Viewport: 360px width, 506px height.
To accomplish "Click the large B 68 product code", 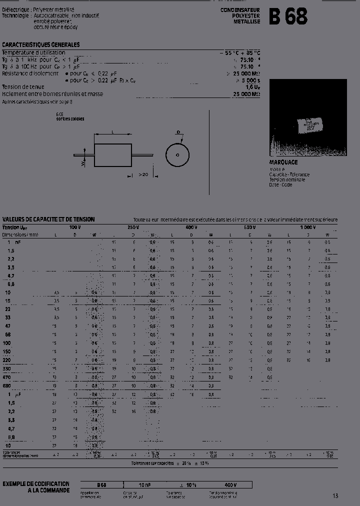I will [x=288, y=16].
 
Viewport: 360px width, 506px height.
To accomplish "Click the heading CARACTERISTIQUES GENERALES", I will [x=41, y=45].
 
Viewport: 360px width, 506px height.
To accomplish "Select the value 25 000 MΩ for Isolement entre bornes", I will [x=246, y=94].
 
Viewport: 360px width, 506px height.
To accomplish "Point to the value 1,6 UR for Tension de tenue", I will [x=252, y=87].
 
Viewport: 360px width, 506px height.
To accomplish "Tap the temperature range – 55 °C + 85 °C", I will [x=239, y=52].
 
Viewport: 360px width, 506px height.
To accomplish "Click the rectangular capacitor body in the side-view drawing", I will [x=112, y=155].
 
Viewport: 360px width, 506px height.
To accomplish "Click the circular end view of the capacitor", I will [x=177, y=155].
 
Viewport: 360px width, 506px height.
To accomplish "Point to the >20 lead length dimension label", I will [x=143, y=174].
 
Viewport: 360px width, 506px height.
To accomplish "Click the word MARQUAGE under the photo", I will [x=283, y=162].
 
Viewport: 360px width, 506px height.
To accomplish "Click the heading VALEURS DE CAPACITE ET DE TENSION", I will [x=48, y=219].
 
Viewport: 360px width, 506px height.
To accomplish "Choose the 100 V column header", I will [x=74, y=227].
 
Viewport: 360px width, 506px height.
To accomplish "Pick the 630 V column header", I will [x=249, y=227].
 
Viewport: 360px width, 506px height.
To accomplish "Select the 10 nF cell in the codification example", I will [x=144, y=485].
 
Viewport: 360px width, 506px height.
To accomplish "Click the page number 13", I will [x=335, y=495].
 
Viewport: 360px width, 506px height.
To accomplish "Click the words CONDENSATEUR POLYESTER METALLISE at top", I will [x=240, y=16].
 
